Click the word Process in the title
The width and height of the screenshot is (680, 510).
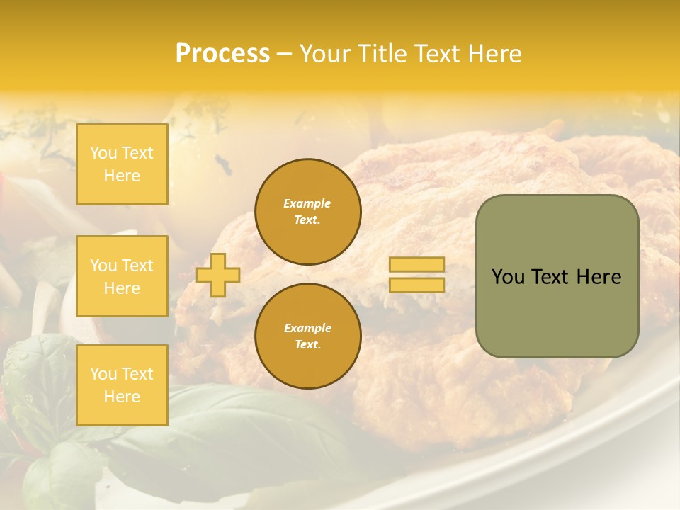tap(222, 54)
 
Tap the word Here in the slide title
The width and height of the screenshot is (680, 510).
tap(494, 54)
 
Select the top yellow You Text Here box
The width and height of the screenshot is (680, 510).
tap(122, 164)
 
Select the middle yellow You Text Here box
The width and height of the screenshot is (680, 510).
tap(122, 276)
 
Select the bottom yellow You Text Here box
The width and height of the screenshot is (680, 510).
tap(122, 385)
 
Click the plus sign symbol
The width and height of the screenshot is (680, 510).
tap(218, 275)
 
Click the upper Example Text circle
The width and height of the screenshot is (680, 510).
tap(308, 212)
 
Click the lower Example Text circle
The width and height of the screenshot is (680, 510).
tap(308, 336)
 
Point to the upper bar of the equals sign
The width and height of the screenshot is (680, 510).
tap(417, 265)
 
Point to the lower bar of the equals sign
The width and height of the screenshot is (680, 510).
tap(417, 285)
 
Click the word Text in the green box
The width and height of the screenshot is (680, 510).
tap(550, 277)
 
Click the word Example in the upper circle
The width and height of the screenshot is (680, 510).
tap(307, 203)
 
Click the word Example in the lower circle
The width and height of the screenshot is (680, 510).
tap(307, 328)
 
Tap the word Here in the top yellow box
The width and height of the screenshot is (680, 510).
tap(122, 176)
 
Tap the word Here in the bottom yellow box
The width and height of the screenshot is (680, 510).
tap(122, 397)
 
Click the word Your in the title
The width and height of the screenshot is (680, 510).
tap(324, 54)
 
